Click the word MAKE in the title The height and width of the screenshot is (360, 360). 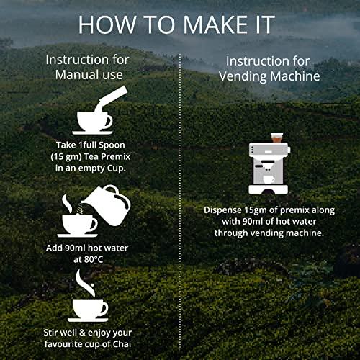coord(215,24)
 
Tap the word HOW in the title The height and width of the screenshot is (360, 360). coord(107,24)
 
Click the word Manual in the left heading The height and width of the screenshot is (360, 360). coord(77,74)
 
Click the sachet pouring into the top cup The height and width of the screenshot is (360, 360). coord(110,99)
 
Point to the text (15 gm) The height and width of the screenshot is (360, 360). coord(66,157)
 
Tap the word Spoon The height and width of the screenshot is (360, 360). coord(112,145)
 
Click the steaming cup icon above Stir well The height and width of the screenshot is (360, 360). coord(88,296)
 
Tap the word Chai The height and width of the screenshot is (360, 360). coord(122,344)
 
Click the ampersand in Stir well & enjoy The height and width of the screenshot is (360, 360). coord(82,333)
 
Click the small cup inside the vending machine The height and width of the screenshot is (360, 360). coord(269,180)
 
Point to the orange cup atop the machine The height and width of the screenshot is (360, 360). coord(276,138)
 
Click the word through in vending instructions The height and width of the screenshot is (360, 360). coord(231,233)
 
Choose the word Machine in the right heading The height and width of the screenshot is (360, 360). coord(295,76)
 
